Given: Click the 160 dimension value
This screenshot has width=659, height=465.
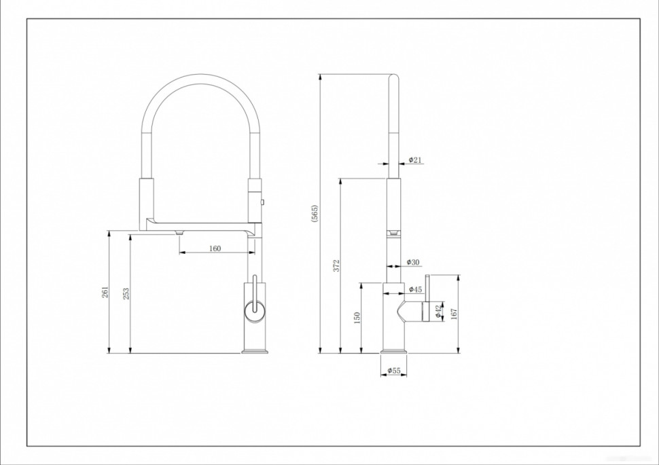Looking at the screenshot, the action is (215, 248).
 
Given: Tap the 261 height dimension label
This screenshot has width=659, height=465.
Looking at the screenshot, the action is (105, 292).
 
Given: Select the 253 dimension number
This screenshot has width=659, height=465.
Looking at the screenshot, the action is (126, 293).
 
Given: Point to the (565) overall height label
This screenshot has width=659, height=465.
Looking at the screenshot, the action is (315, 214).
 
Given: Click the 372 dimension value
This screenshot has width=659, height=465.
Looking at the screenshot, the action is (336, 265).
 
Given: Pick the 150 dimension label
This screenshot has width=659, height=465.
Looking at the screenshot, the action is (357, 318).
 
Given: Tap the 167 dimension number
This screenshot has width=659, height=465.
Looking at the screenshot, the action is (454, 314).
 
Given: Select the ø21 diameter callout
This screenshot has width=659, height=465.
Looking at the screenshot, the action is (415, 160).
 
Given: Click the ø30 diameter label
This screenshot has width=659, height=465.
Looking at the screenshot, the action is (413, 263).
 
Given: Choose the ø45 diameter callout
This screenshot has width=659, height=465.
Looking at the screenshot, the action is (415, 289).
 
